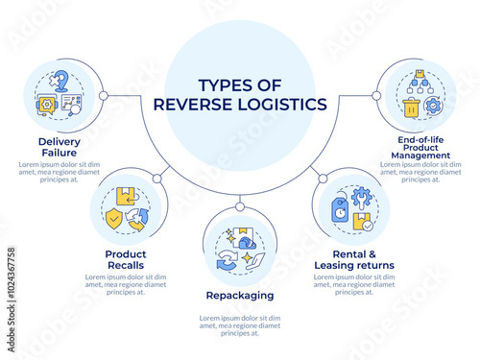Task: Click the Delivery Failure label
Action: [x=59, y=147]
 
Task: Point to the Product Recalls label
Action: [x=126, y=258]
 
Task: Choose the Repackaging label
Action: [x=239, y=296]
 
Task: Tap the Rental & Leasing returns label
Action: [x=354, y=258]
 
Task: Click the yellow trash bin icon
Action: [x=411, y=108]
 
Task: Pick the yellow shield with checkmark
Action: [x=115, y=218]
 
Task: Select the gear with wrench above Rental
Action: [x=362, y=197]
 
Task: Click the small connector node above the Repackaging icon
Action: [x=240, y=204]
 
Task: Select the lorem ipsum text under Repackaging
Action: [x=239, y=324]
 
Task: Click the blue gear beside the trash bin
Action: [x=432, y=108]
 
